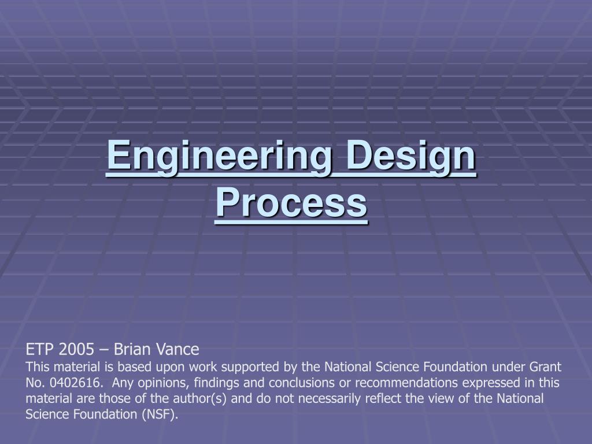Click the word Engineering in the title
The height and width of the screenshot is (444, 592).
coord(219,157)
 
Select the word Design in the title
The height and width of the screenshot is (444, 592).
coord(411,157)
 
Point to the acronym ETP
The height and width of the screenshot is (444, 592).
coord(40,350)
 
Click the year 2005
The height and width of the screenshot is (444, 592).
coord(76,350)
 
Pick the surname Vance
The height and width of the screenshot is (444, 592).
coord(177,350)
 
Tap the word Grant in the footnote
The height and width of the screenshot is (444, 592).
coord(545,367)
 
